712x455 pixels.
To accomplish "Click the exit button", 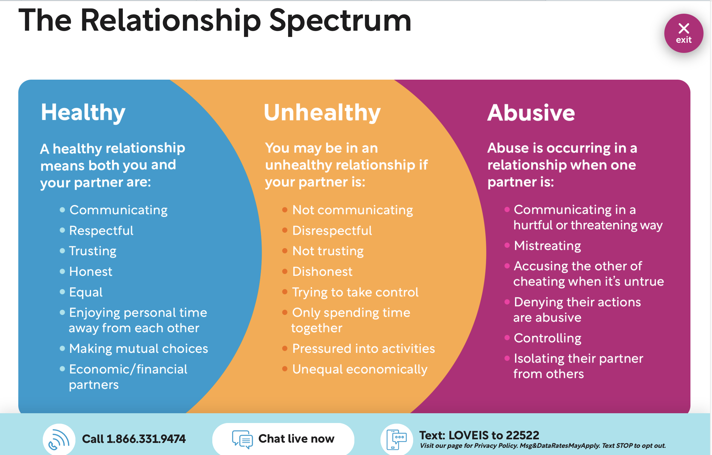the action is [684, 33].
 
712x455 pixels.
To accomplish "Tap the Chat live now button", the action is [283, 439].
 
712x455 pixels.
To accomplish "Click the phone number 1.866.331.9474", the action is [146, 439].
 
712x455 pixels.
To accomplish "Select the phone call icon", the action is [59, 439].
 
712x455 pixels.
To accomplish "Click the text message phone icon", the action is [396, 439].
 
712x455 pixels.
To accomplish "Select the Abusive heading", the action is [531, 113].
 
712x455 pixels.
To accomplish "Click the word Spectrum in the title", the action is [340, 21].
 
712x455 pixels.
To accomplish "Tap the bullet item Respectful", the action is [101, 231].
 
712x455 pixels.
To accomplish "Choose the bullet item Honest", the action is [91, 272].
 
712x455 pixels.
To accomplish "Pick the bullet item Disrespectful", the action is [332, 231].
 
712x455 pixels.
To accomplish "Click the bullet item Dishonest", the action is [322, 272].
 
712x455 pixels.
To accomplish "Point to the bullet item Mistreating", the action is [547, 246].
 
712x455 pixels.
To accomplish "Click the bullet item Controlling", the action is [548, 338].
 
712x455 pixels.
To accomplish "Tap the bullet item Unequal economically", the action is [360, 369].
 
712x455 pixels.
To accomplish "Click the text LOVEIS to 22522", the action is [494, 435].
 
